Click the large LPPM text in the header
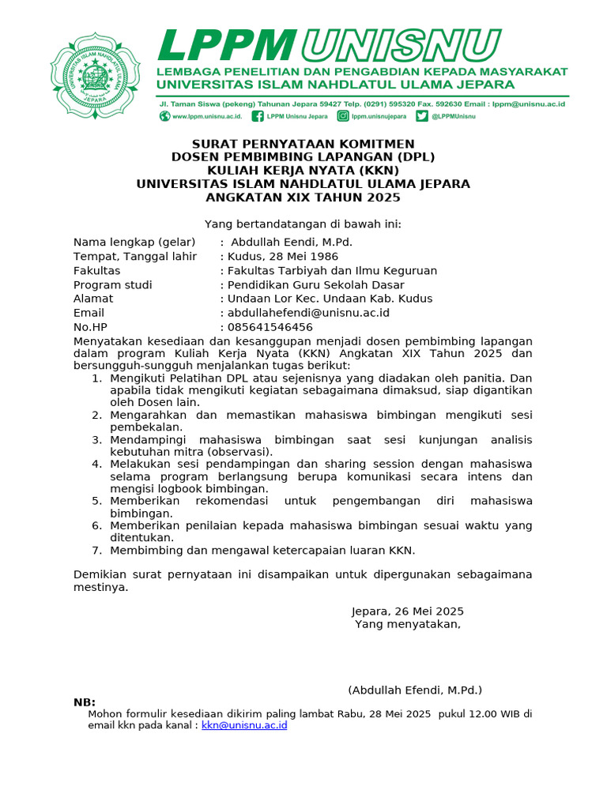[x=227, y=45]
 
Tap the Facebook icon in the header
[x=258, y=116]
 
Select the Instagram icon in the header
[x=343, y=116]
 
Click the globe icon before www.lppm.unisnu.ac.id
[x=164, y=116]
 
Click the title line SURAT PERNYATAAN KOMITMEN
[x=303, y=144]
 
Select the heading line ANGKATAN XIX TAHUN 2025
[x=303, y=198]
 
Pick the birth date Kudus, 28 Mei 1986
[x=282, y=256]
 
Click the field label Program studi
[x=113, y=284]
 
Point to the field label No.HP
[x=89, y=327]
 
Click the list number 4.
[x=96, y=464]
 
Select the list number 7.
[x=96, y=550]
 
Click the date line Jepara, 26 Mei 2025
[x=407, y=611]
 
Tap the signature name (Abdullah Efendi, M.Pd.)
[x=415, y=690]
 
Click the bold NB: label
[x=85, y=702]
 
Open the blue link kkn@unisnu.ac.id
[x=244, y=724]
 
